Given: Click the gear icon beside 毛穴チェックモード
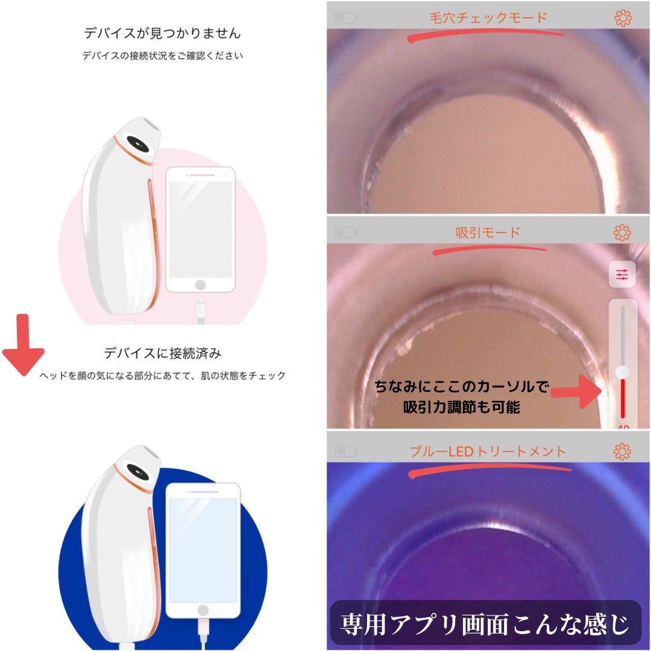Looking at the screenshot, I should (x=623, y=18).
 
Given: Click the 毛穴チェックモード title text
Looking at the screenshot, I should (x=488, y=17).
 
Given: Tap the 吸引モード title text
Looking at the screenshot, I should (x=488, y=232).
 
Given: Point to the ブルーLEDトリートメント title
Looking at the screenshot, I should (x=488, y=451).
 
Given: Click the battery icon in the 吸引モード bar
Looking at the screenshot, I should (x=346, y=232).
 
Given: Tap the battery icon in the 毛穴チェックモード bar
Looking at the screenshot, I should (x=346, y=18).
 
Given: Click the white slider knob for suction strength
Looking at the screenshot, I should (x=622, y=372).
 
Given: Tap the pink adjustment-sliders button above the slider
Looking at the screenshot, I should (x=622, y=275).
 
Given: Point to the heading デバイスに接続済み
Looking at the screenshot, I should (x=159, y=353).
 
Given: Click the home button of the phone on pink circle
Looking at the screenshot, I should (x=201, y=284).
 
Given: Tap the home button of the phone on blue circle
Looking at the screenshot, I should (x=203, y=610).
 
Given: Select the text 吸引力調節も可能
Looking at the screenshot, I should (x=462, y=407).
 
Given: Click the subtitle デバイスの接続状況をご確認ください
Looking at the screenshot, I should (x=163, y=56).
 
